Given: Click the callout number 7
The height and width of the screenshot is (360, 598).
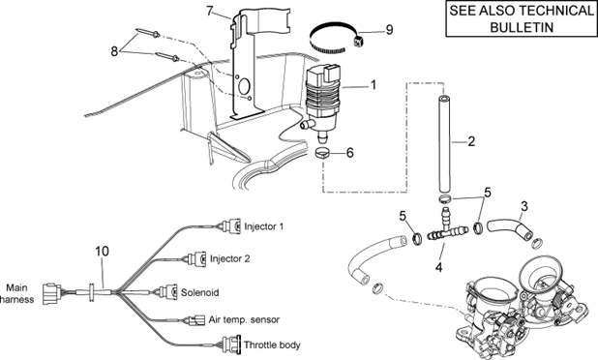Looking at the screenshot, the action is tap(209, 11).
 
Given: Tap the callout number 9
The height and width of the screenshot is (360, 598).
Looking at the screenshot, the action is tap(389, 30).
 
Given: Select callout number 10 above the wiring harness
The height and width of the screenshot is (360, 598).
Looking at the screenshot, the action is tap(102, 252).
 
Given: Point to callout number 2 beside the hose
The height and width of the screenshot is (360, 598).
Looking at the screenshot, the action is tap(471, 141).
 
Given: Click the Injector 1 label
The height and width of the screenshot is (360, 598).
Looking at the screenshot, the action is tap(264, 226).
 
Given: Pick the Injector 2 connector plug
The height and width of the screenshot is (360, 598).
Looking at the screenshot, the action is tap(196, 259).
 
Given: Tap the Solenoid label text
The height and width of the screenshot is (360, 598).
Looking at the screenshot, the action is tap(200, 292).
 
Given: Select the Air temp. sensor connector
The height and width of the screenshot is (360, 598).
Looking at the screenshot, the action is tap(194, 320).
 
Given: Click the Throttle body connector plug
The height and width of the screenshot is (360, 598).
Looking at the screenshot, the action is tap(230, 343).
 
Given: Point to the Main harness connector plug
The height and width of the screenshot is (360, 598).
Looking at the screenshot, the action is tap(51, 293).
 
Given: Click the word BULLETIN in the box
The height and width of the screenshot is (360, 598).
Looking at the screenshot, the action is tap(522, 27).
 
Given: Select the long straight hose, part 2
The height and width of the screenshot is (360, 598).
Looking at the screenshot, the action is tap(444, 144).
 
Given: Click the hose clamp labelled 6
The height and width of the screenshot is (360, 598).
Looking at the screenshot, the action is tap(323, 153).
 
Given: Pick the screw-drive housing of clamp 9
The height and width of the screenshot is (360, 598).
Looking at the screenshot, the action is tap(358, 40).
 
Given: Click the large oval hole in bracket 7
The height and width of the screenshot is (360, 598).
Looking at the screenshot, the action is tap(244, 86).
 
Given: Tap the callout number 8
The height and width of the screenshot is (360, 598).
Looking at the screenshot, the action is tap(114, 51).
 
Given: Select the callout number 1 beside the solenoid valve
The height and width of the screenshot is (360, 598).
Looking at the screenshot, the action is tap(374, 85).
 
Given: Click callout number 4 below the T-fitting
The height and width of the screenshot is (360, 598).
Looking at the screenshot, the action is tap(439, 267).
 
